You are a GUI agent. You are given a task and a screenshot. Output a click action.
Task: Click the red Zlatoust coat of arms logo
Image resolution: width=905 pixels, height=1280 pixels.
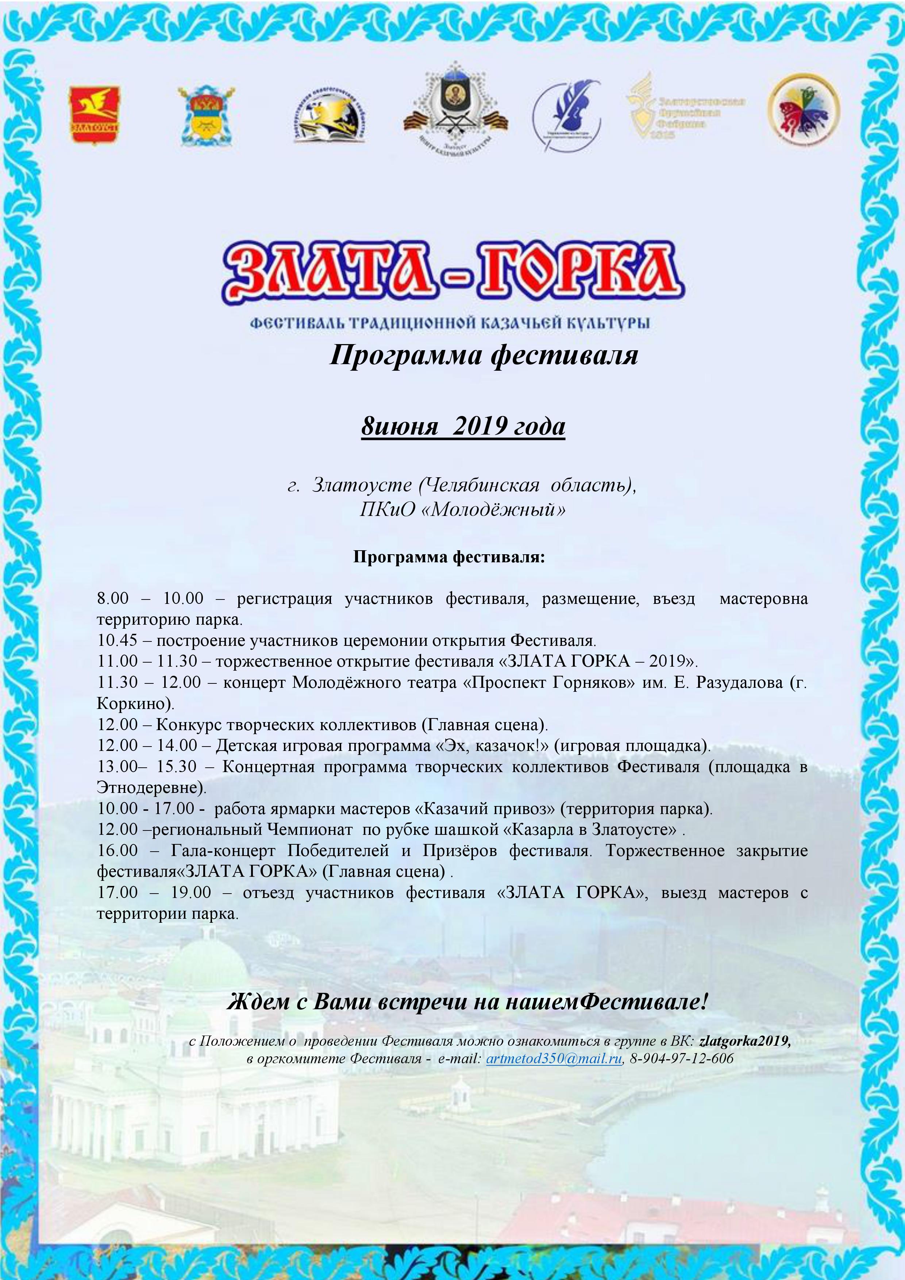tap(94, 115)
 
